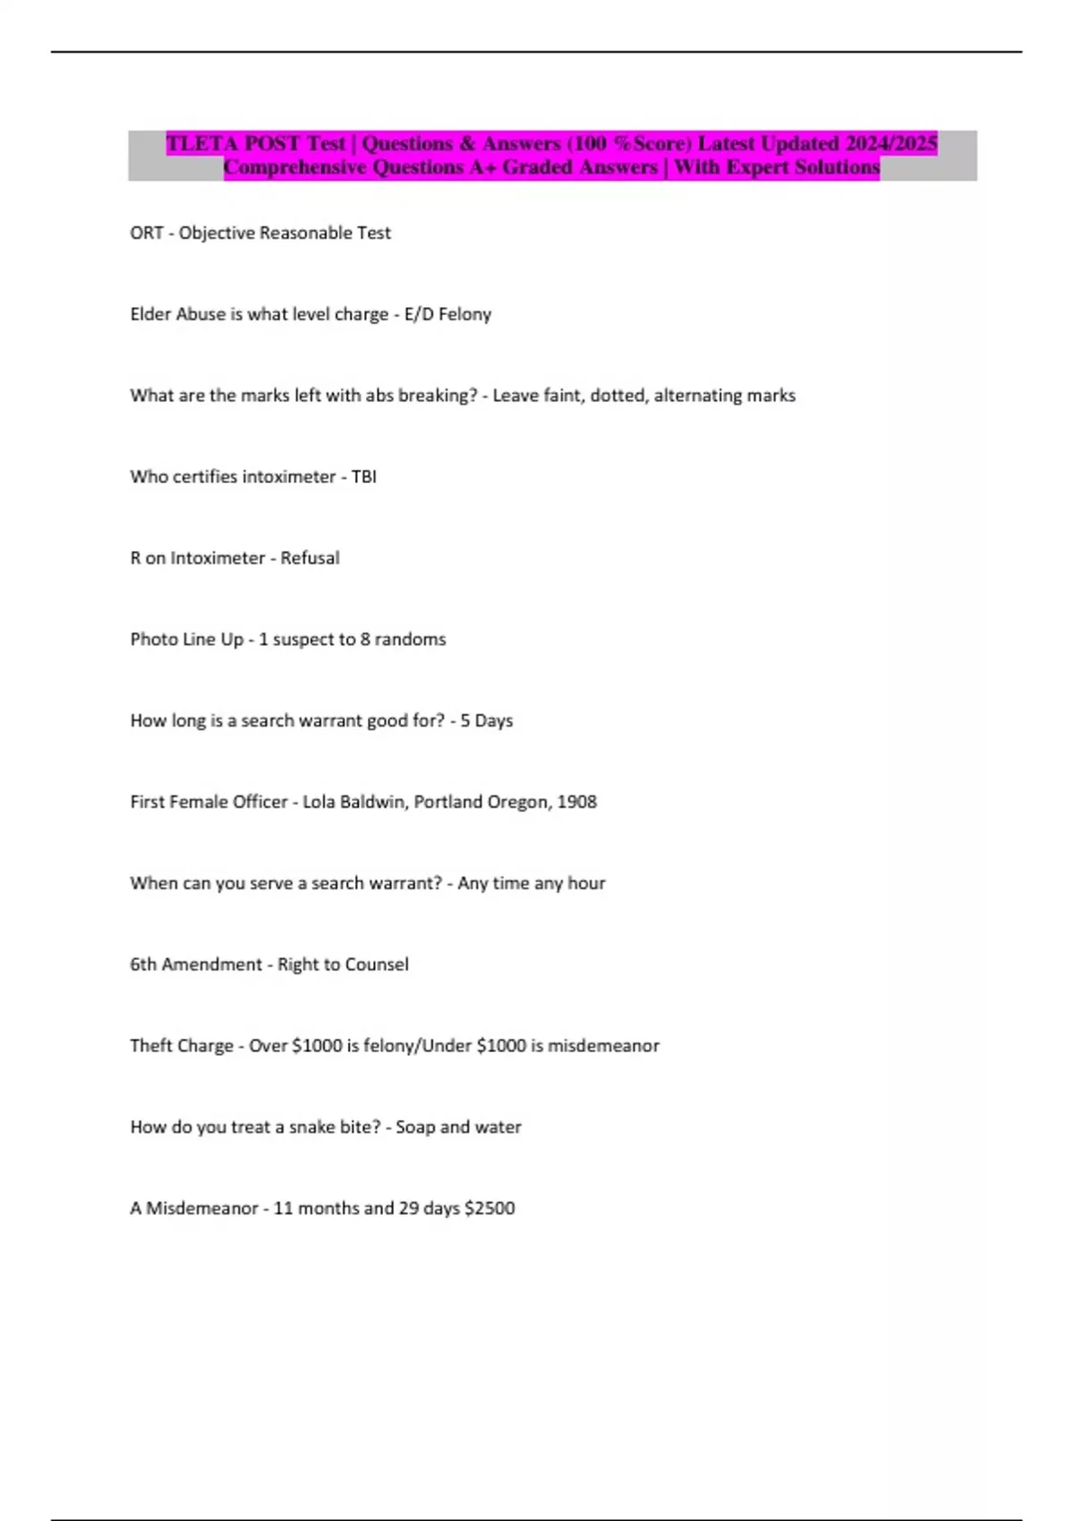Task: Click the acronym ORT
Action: point(146,233)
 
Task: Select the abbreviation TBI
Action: point(363,477)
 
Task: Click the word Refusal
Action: point(310,558)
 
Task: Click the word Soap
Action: point(415,1127)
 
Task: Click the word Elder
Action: point(151,314)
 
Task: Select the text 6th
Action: point(143,964)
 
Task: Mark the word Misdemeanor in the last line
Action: point(201,1208)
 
